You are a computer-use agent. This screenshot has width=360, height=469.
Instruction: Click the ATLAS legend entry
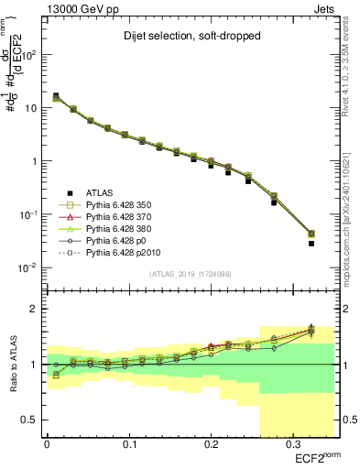(101, 192)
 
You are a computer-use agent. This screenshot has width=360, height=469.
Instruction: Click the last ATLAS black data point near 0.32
(311, 244)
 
